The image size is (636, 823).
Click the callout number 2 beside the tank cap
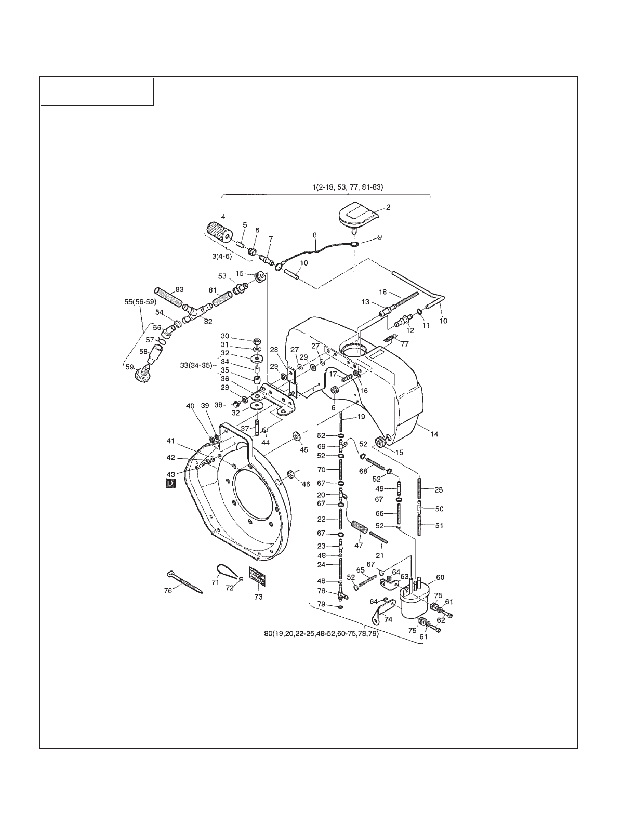388,207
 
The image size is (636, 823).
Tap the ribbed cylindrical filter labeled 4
218,232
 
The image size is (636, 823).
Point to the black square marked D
170,484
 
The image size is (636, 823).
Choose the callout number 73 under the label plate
258,597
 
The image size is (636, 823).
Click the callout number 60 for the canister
440,578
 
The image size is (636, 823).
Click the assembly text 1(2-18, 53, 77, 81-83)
351,187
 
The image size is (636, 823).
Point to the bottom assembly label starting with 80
321,634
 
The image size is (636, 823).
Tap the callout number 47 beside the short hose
359,546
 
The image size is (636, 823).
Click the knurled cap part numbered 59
142,373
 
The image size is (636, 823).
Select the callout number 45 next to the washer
303,450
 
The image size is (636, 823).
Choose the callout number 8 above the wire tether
314,235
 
